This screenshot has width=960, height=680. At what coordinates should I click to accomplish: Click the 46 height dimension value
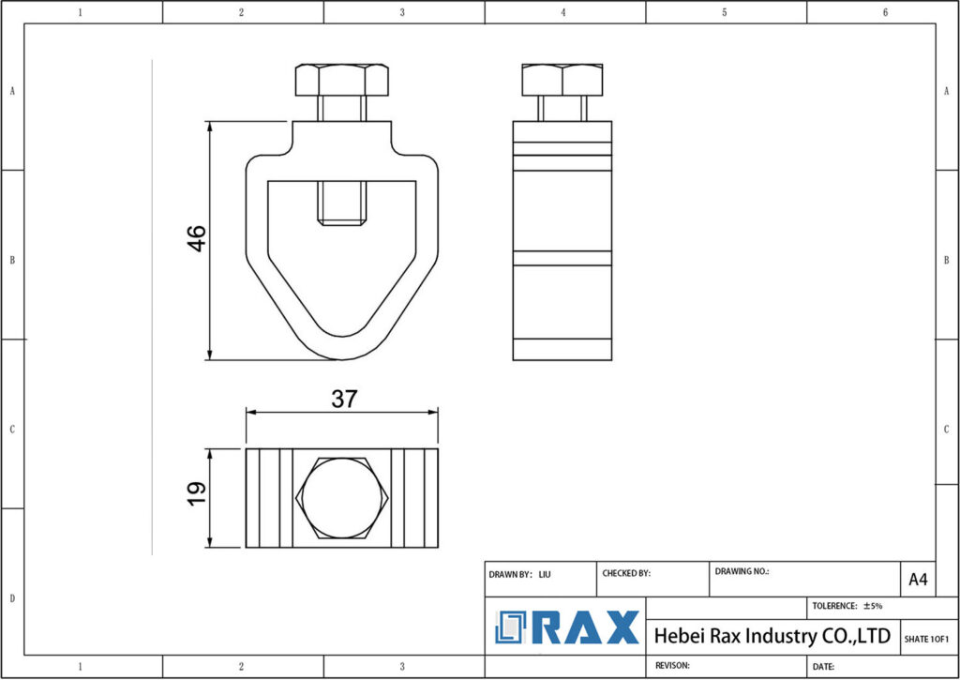tap(197, 239)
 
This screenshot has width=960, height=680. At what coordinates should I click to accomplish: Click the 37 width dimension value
tap(344, 399)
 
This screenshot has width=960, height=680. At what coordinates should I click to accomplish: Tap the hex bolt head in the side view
tap(562, 80)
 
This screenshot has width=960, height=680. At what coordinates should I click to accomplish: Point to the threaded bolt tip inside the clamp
tap(342, 203)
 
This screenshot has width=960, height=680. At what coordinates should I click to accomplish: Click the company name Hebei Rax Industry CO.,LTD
tap(772, 636)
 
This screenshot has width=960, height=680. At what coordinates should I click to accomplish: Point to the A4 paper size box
tap(918, 580)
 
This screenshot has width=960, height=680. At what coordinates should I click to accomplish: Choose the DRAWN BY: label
tap(511, 573)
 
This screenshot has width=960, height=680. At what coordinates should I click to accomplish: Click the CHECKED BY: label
tap(625, 573)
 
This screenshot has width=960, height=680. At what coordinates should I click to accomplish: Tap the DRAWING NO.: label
tap(742, 570)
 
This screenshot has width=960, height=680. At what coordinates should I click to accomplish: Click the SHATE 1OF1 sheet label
tap(928, 639)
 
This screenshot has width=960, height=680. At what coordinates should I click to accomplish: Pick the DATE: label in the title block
tap(824, 666)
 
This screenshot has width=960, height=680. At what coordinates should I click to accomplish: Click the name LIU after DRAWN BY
tap(545, 573)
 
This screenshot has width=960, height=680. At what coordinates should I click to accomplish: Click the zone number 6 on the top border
tap(886, 12)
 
